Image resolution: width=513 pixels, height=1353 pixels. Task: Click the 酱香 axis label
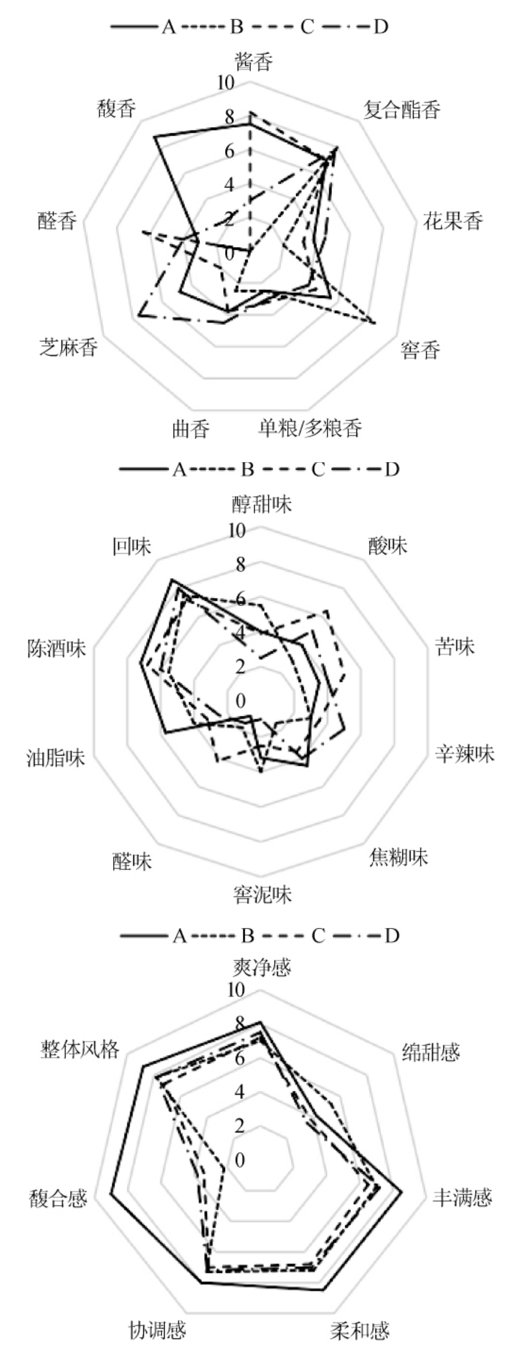254,62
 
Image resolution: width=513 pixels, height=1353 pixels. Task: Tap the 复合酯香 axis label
402,110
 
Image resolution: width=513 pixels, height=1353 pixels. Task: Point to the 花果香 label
453,221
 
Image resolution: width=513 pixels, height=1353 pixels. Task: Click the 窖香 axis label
421,350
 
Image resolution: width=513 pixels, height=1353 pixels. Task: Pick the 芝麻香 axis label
69,347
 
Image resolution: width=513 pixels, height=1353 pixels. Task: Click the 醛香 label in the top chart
57,221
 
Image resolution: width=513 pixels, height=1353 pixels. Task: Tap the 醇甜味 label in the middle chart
262,504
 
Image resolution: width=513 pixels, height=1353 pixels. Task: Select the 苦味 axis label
455,647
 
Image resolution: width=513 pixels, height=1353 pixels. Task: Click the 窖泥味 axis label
262,893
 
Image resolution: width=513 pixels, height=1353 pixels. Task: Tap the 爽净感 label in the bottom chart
262,966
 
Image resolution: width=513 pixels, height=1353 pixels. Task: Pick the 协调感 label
157,1330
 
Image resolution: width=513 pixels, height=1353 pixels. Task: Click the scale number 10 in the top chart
224,83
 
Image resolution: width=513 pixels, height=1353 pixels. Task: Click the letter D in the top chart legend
381,26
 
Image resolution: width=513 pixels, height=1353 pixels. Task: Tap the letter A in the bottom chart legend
179,936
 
